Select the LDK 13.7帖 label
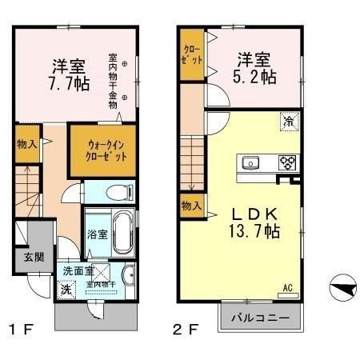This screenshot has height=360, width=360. click(254, 223)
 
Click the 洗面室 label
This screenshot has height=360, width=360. click(78, 270)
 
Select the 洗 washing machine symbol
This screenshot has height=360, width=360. click(66, 290)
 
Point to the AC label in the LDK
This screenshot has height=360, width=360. click(286, 289)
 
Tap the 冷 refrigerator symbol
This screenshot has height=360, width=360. click(286, 122)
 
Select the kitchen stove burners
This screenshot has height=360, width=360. click(286, 163)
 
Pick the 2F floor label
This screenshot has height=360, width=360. click(185, 330)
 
